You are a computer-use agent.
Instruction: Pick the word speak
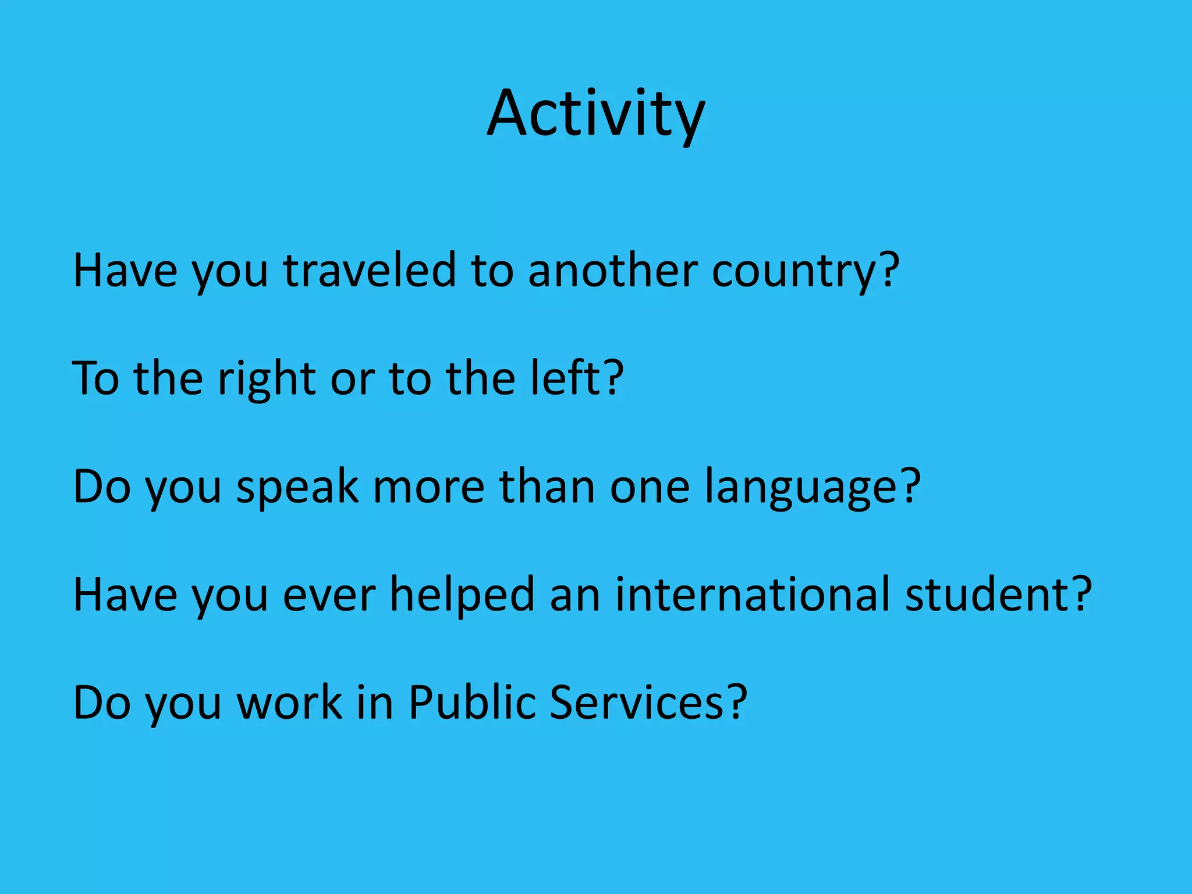point(297,488)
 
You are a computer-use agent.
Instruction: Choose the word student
point(986,595)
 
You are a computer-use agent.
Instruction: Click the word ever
point(329,595)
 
